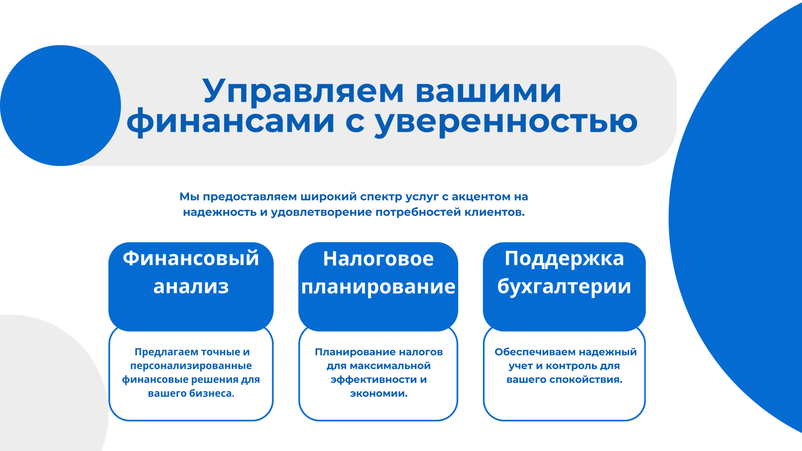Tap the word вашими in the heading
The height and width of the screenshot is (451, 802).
(x=488, y=91)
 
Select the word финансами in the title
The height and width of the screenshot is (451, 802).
(x=231, y=122)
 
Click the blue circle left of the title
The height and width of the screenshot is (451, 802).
(x=60, y=105)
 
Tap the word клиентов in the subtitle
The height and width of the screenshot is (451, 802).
(x=495, y=213)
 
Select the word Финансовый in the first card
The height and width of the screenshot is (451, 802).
(x=191, y=258)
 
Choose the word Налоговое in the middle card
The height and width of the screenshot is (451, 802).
(x=378, y=259)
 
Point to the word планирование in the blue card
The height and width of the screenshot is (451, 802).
(x=378, y=287)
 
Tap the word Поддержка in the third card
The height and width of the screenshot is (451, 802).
(x=564, y=259)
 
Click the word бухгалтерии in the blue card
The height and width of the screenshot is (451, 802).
(x=564, y=287)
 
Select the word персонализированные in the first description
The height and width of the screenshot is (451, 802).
(x=191, y=366)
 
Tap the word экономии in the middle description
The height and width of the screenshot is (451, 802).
(x=379, y=394)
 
